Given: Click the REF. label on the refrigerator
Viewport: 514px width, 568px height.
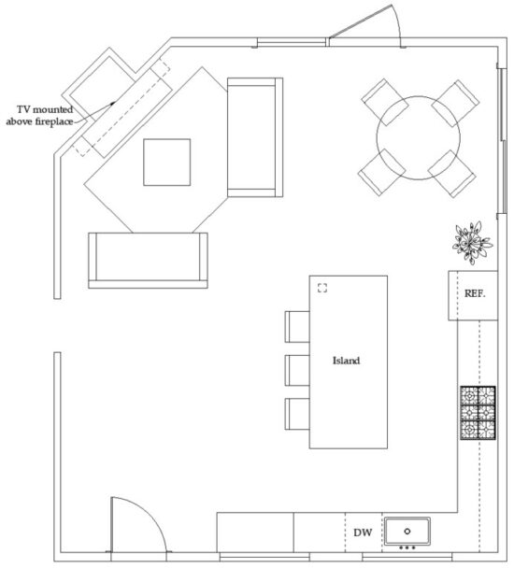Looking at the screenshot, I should point(475,293).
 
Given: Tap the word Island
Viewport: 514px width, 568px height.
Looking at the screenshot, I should point(347,360).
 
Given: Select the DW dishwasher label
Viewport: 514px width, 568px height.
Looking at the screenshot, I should point(364,533).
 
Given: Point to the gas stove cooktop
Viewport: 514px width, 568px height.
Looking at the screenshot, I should point(477,412).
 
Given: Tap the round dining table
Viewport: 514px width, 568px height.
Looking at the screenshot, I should point(419,137).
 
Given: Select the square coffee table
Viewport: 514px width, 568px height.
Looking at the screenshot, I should point(166,162).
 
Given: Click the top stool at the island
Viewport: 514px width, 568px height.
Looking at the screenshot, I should point(296,326).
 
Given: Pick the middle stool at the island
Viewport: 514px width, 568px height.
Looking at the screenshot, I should point(296,369).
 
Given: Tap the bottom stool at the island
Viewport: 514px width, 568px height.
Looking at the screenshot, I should point(296,412).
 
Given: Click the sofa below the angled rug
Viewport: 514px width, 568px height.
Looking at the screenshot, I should point(147,260).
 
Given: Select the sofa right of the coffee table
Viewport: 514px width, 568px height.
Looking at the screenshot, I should point(255,137).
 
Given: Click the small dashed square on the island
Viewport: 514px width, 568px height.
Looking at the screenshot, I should point(323,288).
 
